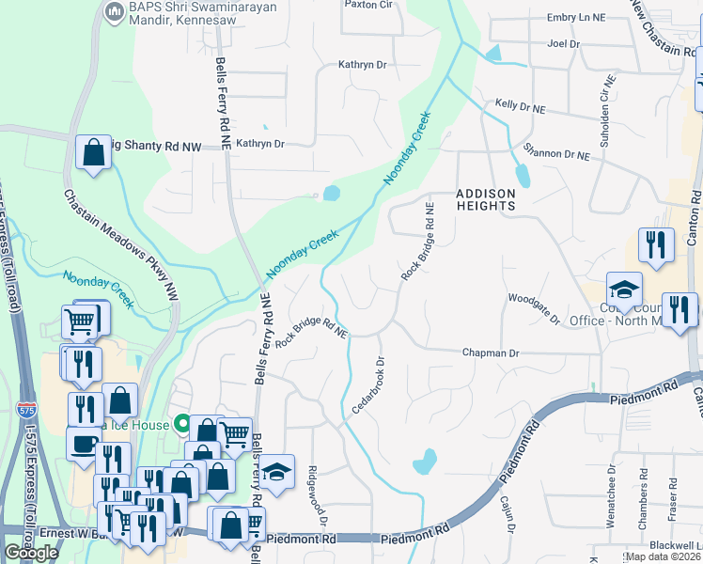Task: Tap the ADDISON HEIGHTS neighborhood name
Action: (486, 200)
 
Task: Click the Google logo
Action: (32, 553)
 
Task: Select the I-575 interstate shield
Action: (26, 410)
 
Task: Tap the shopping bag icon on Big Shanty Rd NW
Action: (93, 155)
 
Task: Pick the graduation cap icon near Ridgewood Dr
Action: (276, 475)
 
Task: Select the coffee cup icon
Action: (83, 445)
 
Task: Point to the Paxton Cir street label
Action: (367, 5)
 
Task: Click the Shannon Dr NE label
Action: (556, 151)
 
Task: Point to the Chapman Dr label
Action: (490, 352)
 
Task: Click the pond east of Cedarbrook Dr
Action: (425, 461)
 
